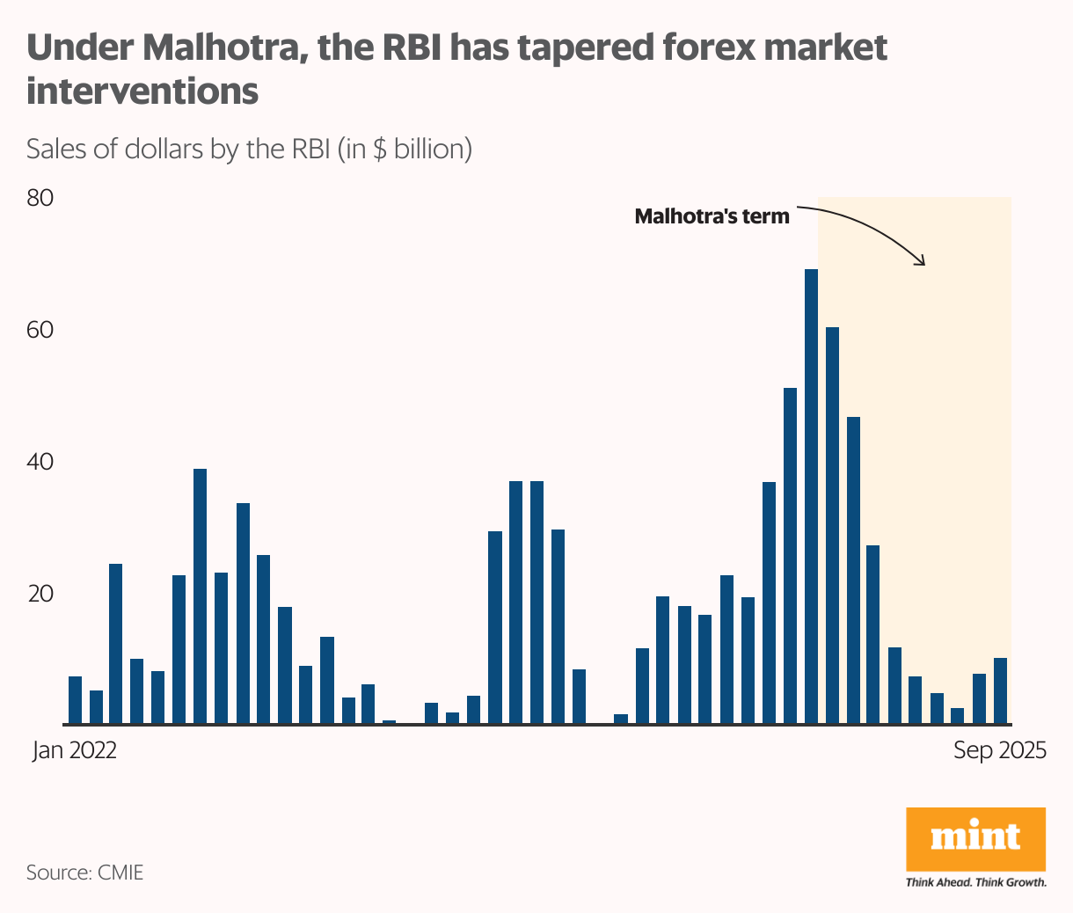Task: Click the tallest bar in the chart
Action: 811,497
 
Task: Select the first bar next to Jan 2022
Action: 75,700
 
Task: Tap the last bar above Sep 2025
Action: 1000,691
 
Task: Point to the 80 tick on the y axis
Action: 40,198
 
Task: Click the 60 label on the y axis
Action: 40,330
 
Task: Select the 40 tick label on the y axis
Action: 40,462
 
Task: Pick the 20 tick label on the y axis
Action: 40,594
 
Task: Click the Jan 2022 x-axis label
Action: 75,750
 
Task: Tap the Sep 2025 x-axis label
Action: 1000,750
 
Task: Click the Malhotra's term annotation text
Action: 712,216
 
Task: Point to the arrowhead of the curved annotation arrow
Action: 922,261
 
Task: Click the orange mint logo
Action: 975,838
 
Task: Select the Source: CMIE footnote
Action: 84,873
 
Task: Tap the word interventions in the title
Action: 142,91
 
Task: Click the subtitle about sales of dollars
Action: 249,149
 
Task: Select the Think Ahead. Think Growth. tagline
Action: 975,882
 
